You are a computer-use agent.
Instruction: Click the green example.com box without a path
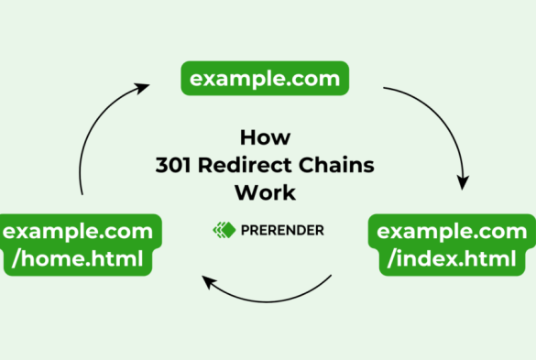pos(264,79)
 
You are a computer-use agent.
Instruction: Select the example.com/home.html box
pos(78,245)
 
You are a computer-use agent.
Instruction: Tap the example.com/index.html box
pos(454,245)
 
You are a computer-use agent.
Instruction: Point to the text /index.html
pos(454,260)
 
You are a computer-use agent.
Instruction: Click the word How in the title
pos(265,137)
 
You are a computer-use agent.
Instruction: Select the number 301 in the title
pos(172,166)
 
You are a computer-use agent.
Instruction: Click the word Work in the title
pos(265,193)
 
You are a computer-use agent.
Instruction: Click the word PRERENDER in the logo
pos(283,230)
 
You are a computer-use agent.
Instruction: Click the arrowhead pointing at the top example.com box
pos(141,88)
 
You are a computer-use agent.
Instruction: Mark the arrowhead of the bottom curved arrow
pos(209,282)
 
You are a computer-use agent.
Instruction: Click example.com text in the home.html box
pos(78,229)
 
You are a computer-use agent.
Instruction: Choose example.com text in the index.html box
pos(454,229)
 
